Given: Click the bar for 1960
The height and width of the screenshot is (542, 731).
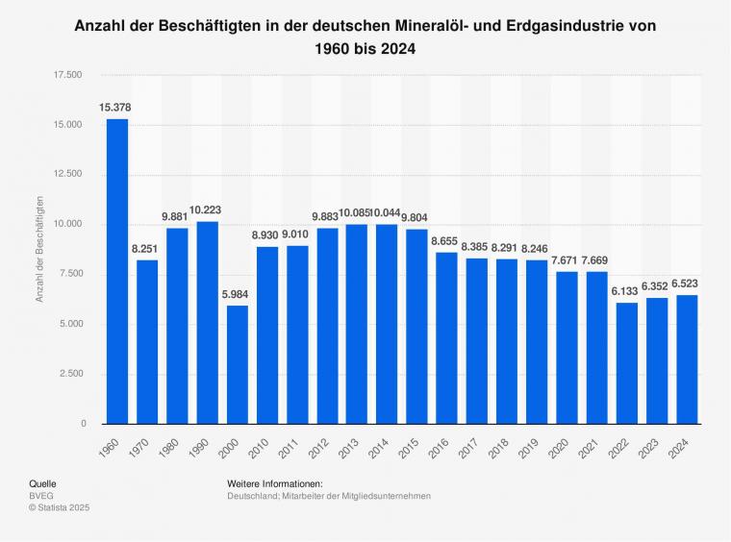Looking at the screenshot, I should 117,271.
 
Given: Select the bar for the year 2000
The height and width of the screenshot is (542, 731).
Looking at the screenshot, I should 237,364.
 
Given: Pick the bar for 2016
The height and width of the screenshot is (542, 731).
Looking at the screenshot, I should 447,337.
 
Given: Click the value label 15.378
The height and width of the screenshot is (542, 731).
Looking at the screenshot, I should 115,106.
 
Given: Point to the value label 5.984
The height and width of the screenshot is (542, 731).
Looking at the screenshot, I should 237,293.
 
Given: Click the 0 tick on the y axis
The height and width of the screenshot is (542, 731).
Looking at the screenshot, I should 84,424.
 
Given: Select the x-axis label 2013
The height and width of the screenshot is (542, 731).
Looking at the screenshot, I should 355,445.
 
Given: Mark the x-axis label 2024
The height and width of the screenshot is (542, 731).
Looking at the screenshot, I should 685,445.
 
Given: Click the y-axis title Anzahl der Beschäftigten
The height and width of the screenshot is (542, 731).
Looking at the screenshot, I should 40,249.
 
